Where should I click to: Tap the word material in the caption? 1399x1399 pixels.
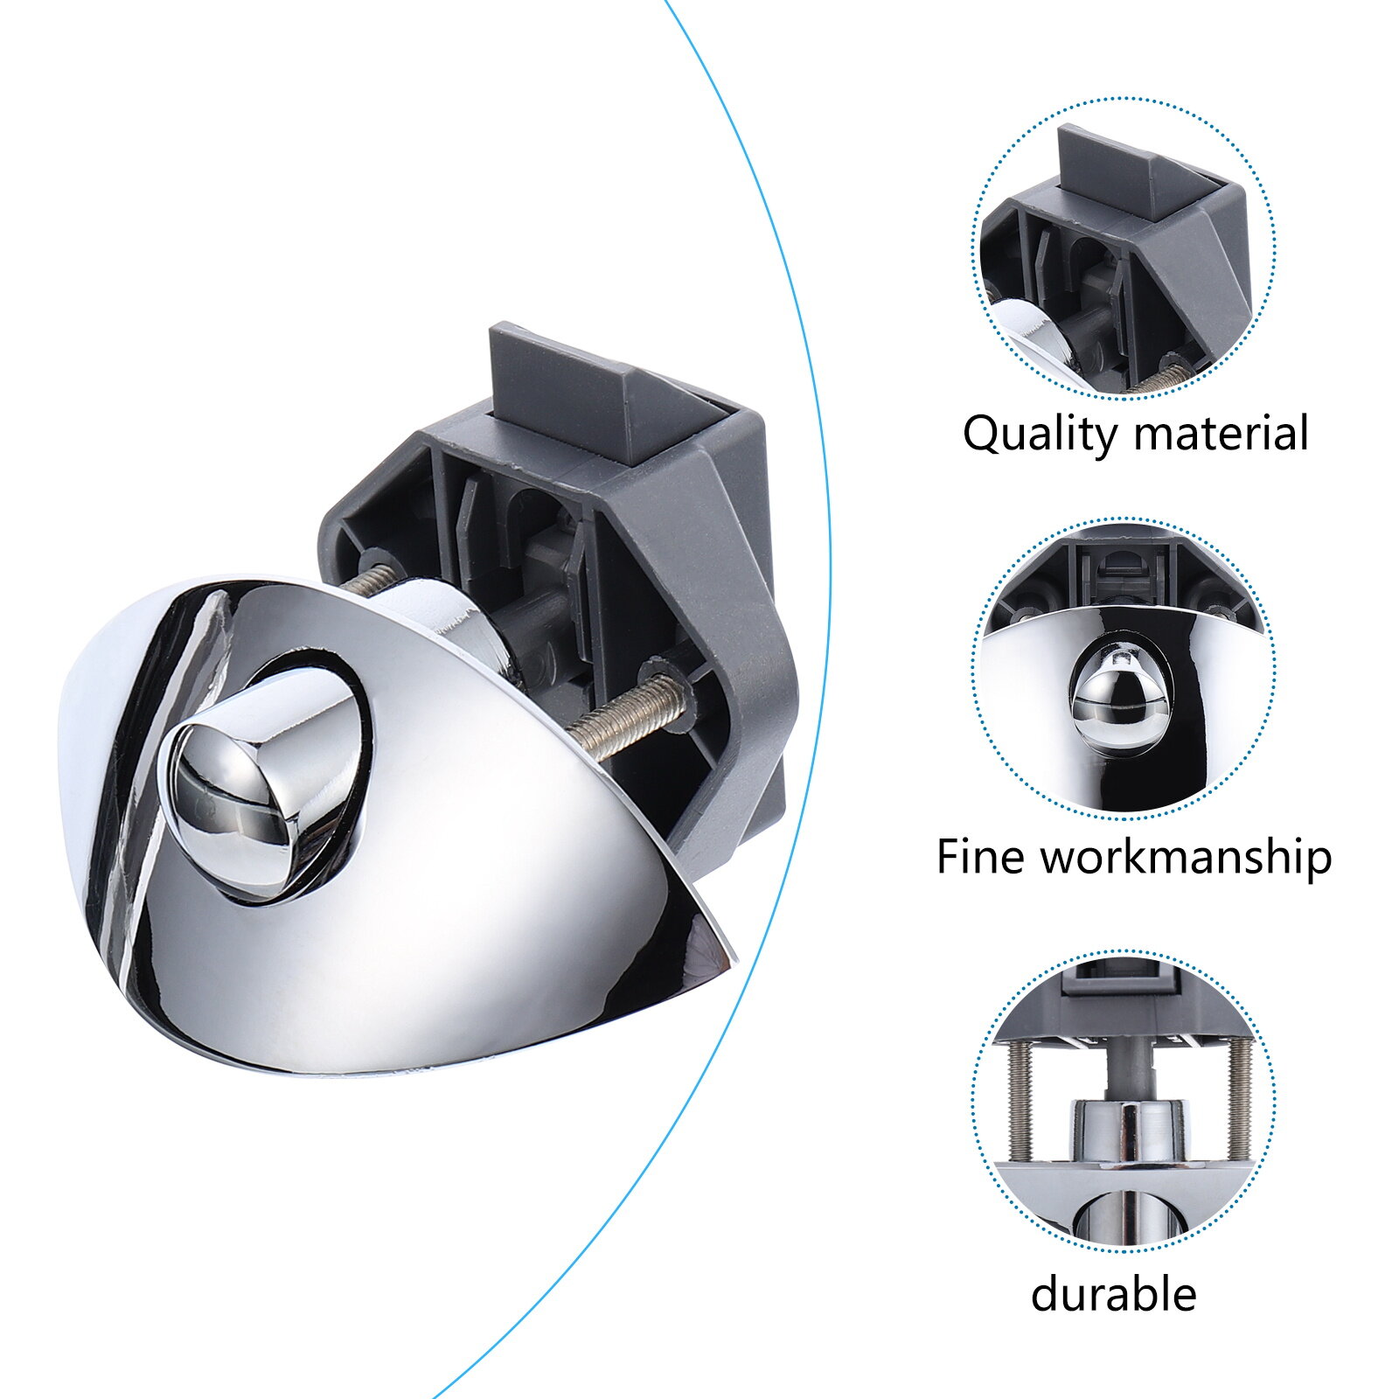[x=1225, y=433]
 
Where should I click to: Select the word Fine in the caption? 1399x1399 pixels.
[x=980, y=856]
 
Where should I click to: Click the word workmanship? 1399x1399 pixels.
[x=1186, y=858]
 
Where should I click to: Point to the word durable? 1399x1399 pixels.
[x=1113, y=1293]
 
